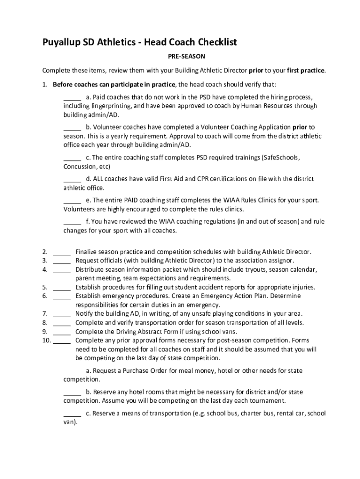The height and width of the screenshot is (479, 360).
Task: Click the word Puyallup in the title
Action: click(x=61, y=43)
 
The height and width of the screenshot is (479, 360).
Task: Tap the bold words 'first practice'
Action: click(x=305, y=71)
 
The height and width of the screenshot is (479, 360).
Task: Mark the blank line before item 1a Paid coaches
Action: click(x=72, y=97)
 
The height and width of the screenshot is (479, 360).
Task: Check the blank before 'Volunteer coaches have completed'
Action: click(x=72, y=127)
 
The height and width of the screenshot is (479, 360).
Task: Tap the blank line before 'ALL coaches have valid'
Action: click(x=72, y=179)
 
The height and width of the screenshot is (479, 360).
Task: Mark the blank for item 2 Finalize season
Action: click(x=62, y=252)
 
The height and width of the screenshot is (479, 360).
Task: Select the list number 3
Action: click(x=45, y=261)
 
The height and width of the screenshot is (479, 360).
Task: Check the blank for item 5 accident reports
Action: click(x=62, y=287)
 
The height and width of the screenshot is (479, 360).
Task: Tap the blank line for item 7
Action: click(x=62, y=314)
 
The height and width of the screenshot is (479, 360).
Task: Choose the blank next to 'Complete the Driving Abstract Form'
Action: click(x=62, y=332)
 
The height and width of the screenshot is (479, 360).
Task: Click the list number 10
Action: click(x=46, y=341)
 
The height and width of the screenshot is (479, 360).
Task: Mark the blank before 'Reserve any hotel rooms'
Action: click(x=72, y=392)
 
